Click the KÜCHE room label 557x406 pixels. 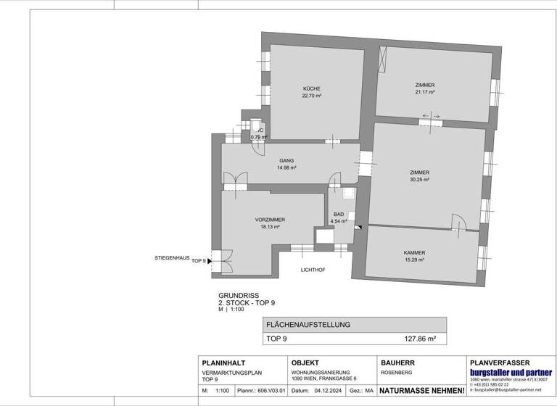tap(311, 88)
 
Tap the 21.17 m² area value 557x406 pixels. tap(424, 93)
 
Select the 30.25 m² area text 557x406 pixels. tap(420, 180)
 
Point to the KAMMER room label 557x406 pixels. tap(414, 252)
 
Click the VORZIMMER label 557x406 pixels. tap(269, 220)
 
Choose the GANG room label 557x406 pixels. tap(286, 160)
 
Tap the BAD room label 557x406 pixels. tap(338, 215)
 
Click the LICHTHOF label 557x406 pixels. tap(313, 270)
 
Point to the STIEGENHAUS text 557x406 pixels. tap(172, 257)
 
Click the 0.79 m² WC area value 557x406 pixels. tap(258, 137)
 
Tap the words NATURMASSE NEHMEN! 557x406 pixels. tap(421, 391)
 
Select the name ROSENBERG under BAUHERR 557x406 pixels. tap(397, 373)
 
